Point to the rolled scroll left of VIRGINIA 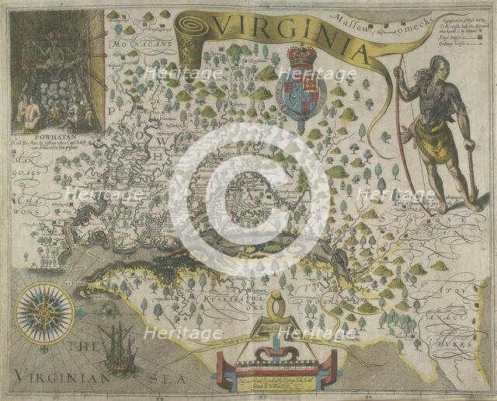pos(189,39)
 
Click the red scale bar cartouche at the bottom pos(277,362)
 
